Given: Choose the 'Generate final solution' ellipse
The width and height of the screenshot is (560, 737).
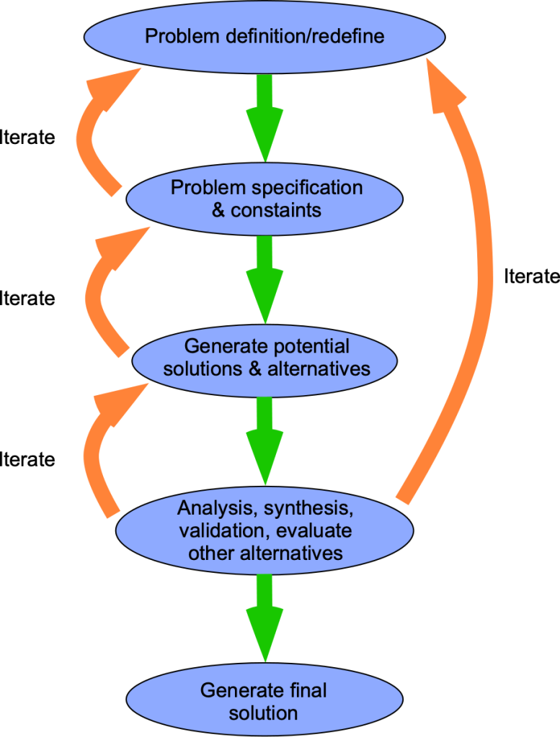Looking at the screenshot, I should coord(264,701).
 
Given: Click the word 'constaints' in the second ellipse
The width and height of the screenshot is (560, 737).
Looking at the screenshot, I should coord(276,211).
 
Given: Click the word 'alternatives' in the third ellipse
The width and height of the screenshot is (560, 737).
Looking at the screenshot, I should coord(319,368).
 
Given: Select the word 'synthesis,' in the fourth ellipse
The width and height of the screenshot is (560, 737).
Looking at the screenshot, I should coord(308,508).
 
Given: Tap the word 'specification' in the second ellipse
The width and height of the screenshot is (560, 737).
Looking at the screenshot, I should coord(306,188).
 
